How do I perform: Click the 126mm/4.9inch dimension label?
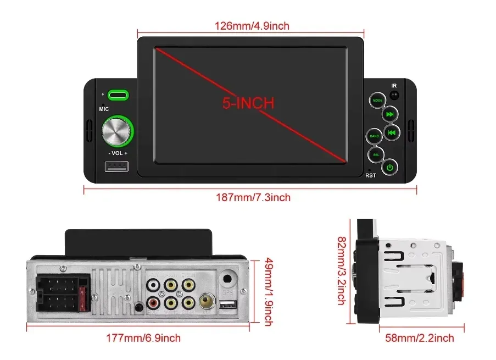click(x=252, y=26)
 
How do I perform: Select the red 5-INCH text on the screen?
click(x=248, y=103)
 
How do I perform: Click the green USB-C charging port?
click(x=118, y=95)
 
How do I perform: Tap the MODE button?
click(x=377, y=101)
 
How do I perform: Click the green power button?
click(x=390, y=167)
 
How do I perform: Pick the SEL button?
click(x=376, y=154)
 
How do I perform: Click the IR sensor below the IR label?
click(x=394, y=96)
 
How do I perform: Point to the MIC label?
click(x=104, y=109)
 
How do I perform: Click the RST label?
click(x=371, y=176)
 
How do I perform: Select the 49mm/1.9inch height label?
click(x=269, y=292)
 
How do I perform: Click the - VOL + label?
click(x=118, y=153)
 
